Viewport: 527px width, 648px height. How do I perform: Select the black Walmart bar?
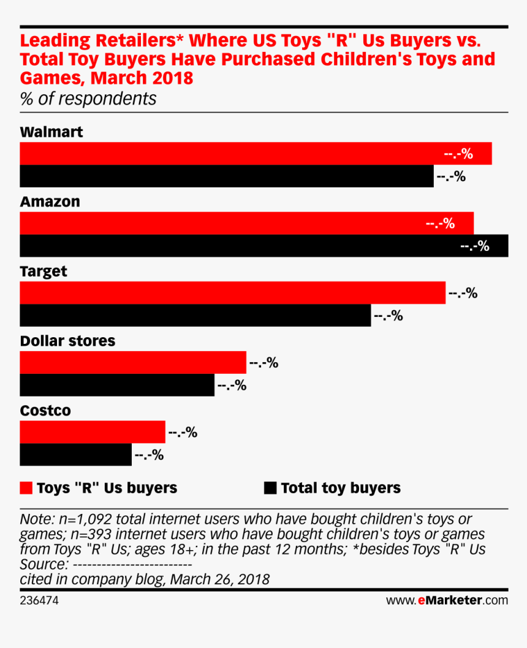[x=227, y=176]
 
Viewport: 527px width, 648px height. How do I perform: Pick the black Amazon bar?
[x=263, y=246]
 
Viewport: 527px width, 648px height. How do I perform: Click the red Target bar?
[x=232, y=293]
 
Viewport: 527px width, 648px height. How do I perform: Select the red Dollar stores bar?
[x=133, y=362]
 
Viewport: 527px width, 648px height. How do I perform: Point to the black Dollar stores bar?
[x=117, y=385]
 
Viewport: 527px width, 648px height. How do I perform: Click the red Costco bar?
[x=93, y=432]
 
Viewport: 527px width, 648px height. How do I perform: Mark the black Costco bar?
[x=75, y=455]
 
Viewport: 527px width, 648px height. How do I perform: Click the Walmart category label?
[x=51, y=132]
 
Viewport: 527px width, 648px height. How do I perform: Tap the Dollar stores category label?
[x=67, y=341]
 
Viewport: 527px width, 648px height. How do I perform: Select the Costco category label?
[x=45, y=411]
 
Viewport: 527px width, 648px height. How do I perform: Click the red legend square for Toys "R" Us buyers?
[x=26, y=488]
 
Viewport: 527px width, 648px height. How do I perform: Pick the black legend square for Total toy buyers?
[x=270, y=488]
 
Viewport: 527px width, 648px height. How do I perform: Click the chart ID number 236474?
[x=39, y=600]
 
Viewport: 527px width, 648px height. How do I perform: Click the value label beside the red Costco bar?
[x=183, y=433]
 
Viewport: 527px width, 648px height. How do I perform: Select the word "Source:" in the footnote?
[x=44, y=564]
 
